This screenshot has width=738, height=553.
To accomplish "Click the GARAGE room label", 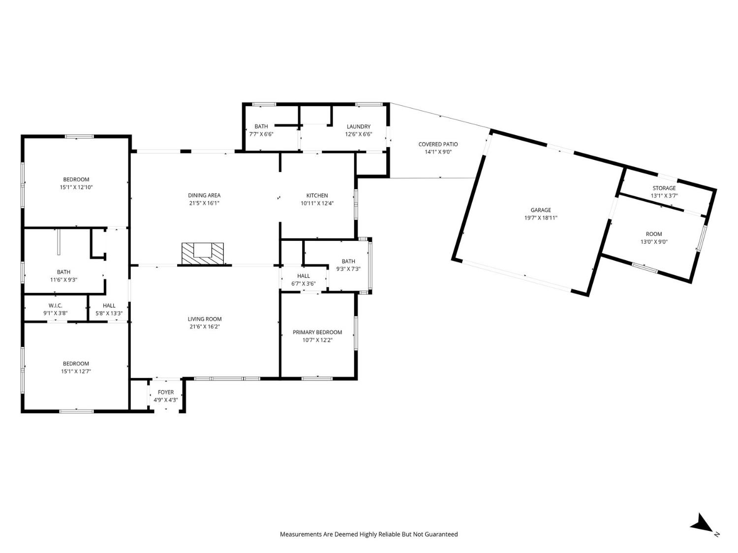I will coord(540,210).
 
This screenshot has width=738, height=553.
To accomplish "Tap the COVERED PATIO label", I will coord(438,144).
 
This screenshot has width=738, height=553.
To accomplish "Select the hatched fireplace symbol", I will coord(203,251).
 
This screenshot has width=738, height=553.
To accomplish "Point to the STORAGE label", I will coord(664,188).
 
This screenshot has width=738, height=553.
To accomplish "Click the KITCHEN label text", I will coord(317,195).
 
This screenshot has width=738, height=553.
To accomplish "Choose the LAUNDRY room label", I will coord(358,126).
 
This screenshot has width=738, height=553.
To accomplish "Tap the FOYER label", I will coord(165,392).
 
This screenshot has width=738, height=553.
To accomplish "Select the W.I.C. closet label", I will coord(55,305).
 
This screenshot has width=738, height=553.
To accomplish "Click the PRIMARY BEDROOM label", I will coord(317,332).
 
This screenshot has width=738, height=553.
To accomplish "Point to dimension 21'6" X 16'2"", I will coord(204,326).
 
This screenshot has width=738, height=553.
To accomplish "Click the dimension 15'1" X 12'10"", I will coord(76,187).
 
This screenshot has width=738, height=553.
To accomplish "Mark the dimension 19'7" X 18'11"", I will coord(540,218).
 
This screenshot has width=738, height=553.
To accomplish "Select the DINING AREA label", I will coord(204,195).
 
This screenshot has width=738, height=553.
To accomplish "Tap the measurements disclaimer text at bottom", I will coord(369,534).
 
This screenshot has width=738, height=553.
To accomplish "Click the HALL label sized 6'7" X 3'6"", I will coord(304,276).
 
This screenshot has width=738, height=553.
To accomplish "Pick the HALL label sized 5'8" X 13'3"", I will coord(109,305).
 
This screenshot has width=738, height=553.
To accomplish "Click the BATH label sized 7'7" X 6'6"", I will coord(261,126).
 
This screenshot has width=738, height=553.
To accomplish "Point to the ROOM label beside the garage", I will coord(653,234).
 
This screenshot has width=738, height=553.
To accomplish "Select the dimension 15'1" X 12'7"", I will coord(76,372).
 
